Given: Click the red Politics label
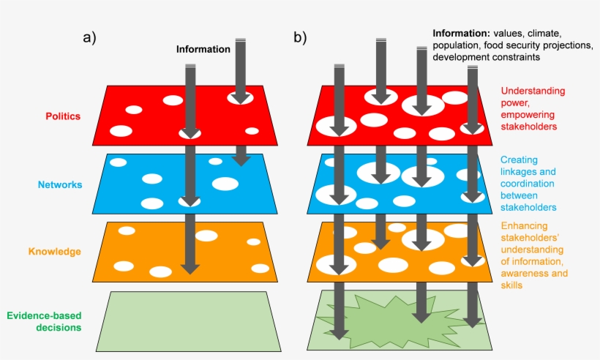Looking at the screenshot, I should pyautogui.click(x=63, y=116).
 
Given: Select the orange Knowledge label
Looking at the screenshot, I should pyautogui.click(x=54, y=252).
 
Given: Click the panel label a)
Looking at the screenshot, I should pyautogui.click(x=89, y=37).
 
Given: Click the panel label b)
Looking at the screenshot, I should pyautogui.click(x=300, y=37).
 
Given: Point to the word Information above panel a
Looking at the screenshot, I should pyautogui.click(x=203, y=50).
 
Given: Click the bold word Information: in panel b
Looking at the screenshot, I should pyautogui.click(x=460, y=34).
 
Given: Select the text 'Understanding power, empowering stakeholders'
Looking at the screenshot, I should pyautogui.click(x=533, y=108).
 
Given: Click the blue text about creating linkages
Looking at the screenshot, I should pyautogui.click(x=528, y=183).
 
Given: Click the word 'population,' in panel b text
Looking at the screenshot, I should pyautogui.click(x=455, y=45).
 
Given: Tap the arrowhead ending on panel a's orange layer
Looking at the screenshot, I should pyautogui.click(x=190, y=268).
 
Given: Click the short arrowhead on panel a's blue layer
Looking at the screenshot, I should pyautogui.click(x=240, y=159).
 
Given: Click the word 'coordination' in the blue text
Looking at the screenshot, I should pyautogui.click(x=528, y=184).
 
